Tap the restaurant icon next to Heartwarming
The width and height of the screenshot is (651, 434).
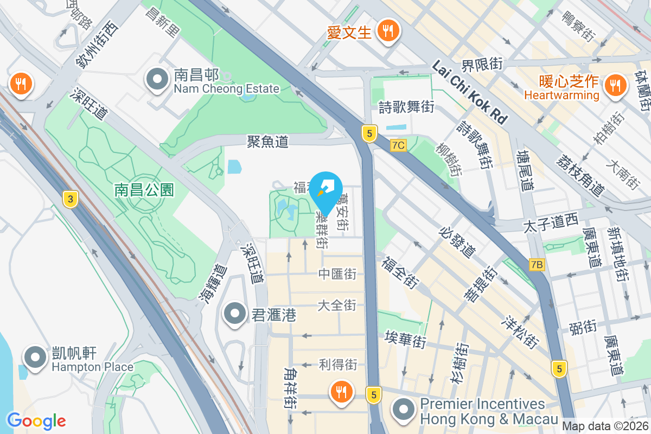(615, 85)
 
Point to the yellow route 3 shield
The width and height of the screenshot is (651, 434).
(69, 199)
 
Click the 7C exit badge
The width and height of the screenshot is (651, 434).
(398, 145)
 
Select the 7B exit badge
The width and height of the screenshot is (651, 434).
(537, 264)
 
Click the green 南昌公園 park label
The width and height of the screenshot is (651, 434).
(144, 189)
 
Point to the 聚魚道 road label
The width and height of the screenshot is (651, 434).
(267, 142)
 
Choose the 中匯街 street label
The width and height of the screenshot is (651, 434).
(337, 274)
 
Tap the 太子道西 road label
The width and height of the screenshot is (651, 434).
(551, 222)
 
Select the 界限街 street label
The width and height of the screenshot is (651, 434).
(482, 65)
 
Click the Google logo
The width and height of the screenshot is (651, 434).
(36, 421)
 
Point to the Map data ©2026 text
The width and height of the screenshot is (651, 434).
(605, 426)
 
